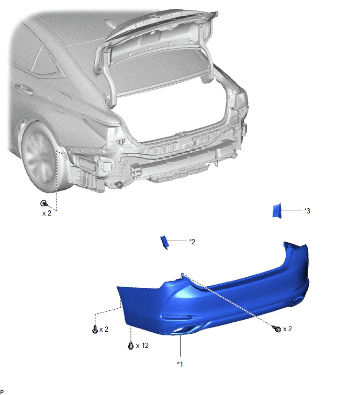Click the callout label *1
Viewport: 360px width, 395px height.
[x=179, y=364]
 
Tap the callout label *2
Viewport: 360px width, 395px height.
[x=192, y=242]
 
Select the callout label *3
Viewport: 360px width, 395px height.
[x=307, y=211]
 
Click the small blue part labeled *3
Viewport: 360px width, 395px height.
[x=277, y=210]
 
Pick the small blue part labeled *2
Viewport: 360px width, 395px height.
[x=164, y=242]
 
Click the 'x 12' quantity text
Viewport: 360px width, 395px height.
[x=142, y=345]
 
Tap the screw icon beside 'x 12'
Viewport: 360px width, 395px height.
[x=131, y=345]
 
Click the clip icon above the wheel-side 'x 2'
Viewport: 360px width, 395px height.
[x=44, y=203]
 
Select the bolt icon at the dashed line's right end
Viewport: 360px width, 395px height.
[x=277, y=329]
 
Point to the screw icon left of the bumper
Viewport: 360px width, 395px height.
[x=95, y=329]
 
